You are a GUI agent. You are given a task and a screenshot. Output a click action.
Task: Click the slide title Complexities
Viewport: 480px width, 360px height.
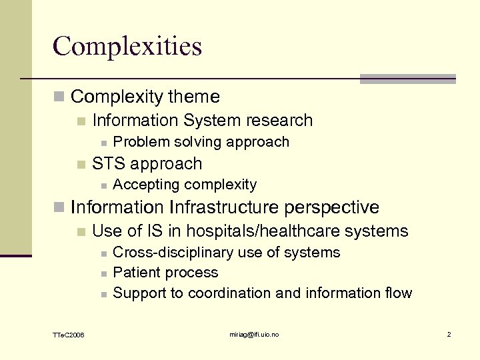coord(127,46)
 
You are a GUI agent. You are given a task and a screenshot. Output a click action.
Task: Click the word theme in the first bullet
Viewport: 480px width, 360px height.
coord(194,97)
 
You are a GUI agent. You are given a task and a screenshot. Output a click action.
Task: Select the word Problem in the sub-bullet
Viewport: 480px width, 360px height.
coord(137,142)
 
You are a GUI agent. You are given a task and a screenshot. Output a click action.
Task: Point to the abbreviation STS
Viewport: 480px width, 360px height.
coord(109,164)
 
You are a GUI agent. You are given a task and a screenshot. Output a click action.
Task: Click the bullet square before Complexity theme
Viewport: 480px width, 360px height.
coord(59,97)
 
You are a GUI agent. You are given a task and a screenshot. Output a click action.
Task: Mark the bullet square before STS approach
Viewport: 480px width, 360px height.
coord(81,165)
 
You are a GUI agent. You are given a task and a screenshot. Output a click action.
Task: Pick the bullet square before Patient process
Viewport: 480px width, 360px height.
coord(103,273)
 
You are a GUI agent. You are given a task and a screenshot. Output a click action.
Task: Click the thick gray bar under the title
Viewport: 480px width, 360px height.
coord(407,79)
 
